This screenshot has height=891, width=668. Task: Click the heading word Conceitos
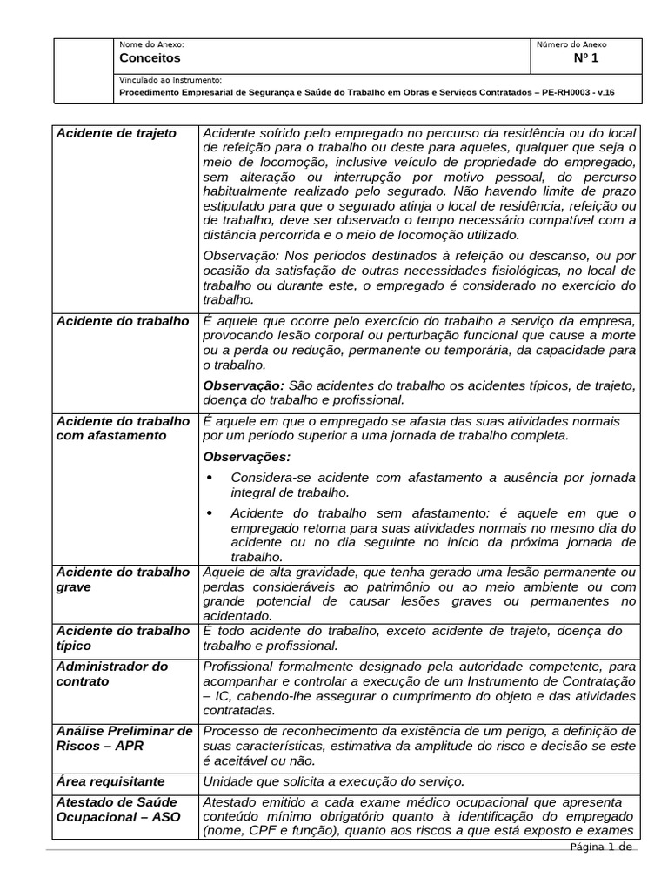coord(150,58)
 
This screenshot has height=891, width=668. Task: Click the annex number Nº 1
coord(585,58)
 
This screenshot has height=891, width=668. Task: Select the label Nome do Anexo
coord(151,44)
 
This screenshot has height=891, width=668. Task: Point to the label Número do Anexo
coord(571,44)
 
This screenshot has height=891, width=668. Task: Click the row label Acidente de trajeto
coord(116,133)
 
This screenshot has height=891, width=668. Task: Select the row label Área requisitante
coord(110,781)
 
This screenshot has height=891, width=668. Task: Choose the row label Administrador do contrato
coord(112,673)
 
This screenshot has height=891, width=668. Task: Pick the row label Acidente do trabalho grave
coord(123,579)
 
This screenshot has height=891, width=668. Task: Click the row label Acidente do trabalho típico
coord(123,638)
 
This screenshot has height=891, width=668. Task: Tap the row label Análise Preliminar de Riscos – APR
coord(124,739)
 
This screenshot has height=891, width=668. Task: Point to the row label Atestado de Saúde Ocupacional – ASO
coord(117,809)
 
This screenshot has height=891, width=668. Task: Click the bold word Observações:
coord(247,457)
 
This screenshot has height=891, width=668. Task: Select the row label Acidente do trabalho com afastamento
coord(123,428)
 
